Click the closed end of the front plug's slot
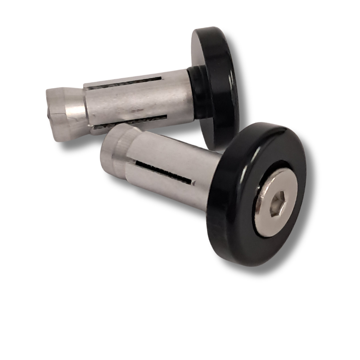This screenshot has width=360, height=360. pos(194,183)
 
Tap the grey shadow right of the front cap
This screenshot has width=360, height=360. pos(310,207)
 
